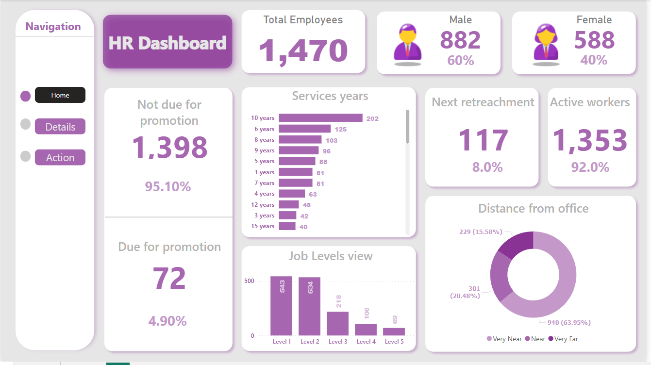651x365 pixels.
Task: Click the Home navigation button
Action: [x=60, y=95]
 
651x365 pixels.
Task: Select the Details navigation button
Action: [x=60, y=127]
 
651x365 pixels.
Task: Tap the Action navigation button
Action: [x=60, y=157]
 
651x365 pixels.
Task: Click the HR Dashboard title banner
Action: [x=167, y=42]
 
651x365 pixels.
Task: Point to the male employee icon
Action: [x=407, y=43]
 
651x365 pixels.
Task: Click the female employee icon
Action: [x=547, y=43]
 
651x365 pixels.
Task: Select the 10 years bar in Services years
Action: [x=320, y=118]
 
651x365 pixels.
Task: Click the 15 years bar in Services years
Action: [x=287, y=226]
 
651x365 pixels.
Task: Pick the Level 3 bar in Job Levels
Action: [x=337, y=323]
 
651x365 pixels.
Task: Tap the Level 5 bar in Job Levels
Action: [x=394, y=332]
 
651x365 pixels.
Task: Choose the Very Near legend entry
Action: [x=504, y=339]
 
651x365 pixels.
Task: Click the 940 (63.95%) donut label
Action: [x=569, y=322]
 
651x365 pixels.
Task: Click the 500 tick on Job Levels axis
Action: [x=249, y=281]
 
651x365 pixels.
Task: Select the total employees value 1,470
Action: [x=303, y=50]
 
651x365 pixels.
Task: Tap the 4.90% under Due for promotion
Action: [x=167, y=321]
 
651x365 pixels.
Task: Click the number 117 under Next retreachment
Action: [x=483, y=140]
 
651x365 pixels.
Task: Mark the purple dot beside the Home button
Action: [x=26, y=96]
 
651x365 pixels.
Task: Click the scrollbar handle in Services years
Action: [x=407, y=127]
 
